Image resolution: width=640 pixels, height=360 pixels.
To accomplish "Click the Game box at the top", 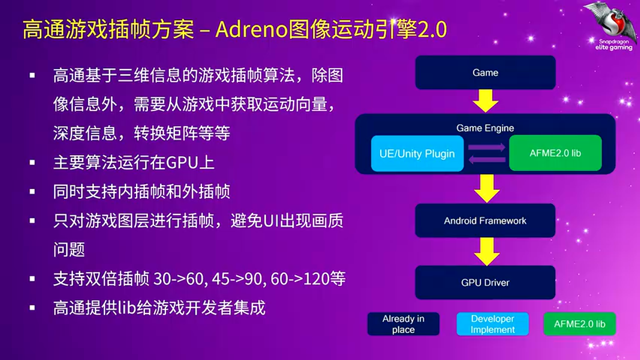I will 485,72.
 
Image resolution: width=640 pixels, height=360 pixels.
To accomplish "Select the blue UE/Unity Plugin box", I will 417,153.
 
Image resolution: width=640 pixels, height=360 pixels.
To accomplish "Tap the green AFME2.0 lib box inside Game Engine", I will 555,153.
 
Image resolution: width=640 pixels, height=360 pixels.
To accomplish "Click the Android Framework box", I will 485,220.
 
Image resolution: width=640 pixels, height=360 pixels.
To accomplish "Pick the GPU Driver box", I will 485,282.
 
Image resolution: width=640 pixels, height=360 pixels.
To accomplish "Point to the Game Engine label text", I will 485,128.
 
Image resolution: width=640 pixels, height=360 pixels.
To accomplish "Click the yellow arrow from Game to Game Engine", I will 485,100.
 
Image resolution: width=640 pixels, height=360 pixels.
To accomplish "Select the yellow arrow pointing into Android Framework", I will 485,188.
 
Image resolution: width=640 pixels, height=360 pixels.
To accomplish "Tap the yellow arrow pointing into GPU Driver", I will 485,251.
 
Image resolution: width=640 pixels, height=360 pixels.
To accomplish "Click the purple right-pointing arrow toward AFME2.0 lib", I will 486,147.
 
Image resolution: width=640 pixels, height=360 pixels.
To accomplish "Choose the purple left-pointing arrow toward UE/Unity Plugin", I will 485,159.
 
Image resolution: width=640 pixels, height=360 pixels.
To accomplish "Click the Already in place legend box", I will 403,324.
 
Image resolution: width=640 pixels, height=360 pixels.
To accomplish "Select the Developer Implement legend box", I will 492,324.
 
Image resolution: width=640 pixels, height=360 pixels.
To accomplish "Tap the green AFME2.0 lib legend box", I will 579,324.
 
